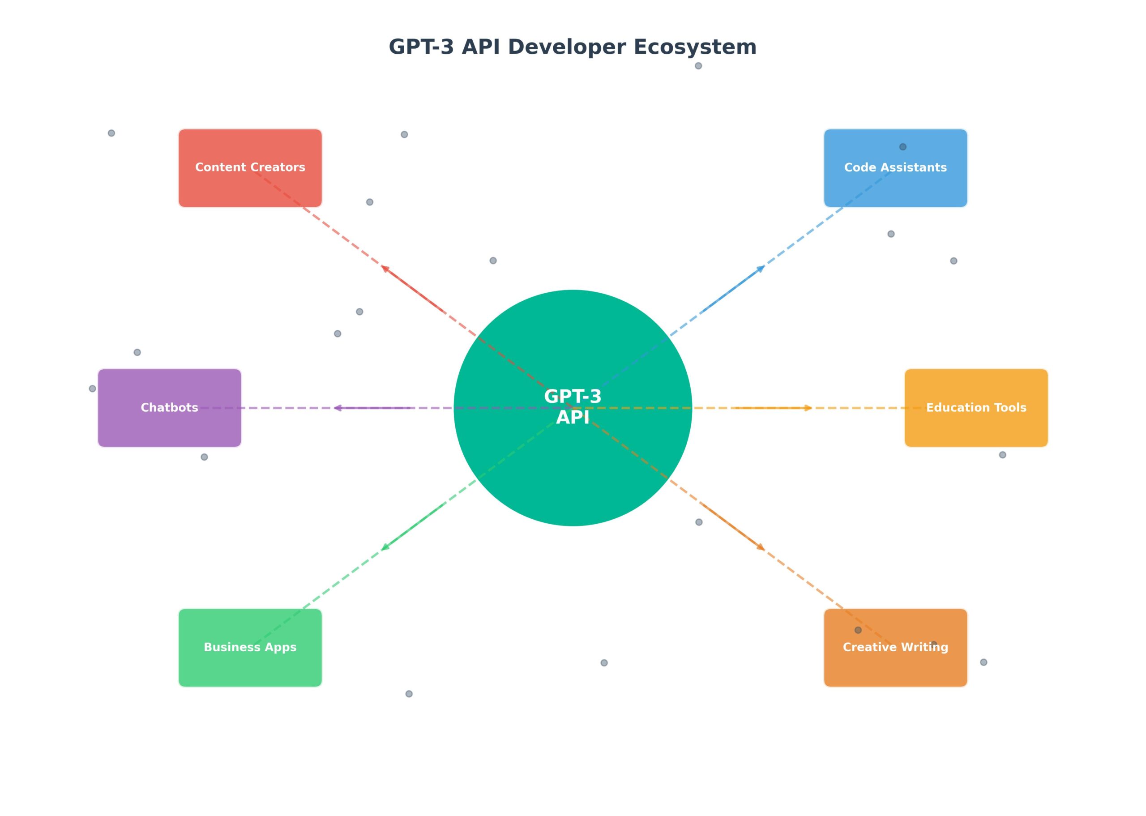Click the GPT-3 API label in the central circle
click(x=573, y=407)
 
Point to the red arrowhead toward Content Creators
click(x=385, y=268)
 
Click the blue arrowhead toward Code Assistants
click(x=761, y=268)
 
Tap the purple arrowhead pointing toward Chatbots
click(x=338, y=408)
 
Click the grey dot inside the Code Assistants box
click(x=903, y=147)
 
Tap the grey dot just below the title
click(x=698, y=66)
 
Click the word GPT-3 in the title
click(x=421, y=47)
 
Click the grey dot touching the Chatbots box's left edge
click(x=93, y=389)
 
